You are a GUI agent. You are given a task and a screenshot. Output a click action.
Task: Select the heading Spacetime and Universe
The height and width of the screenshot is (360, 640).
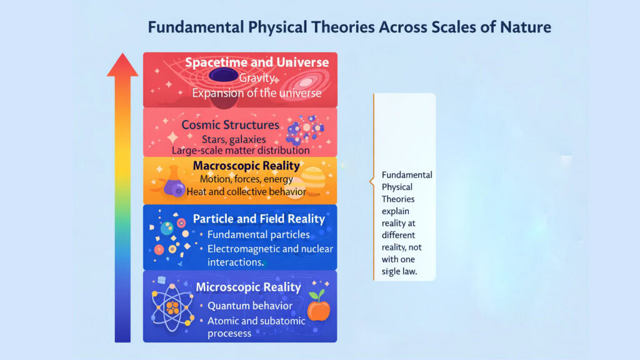(257, 62)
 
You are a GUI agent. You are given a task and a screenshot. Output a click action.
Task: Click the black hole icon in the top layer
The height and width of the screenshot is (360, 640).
(222, 76)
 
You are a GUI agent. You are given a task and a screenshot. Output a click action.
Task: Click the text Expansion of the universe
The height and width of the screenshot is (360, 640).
(256, 93)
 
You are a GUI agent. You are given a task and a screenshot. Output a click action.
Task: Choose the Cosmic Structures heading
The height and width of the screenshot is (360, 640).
(230, 125)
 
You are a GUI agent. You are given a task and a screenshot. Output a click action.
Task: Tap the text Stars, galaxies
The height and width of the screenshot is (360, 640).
(234, 139)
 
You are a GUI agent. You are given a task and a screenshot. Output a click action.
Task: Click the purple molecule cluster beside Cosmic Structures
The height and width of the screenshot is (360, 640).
(301, 129)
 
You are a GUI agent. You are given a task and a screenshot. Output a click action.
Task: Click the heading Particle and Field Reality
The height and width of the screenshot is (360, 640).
(259, 219)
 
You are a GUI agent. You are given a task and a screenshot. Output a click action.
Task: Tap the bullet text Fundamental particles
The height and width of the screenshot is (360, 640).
(258, 235)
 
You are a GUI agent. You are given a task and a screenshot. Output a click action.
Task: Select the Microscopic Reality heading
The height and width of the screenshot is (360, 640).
(248, 287)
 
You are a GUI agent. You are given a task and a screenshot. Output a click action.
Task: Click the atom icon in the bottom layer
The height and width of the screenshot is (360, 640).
(172, 307)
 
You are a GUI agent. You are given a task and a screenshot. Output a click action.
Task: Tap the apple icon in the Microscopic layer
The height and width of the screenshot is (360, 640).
(318, 307)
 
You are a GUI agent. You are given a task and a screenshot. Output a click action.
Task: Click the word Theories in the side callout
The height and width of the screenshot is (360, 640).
(397, 199)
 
